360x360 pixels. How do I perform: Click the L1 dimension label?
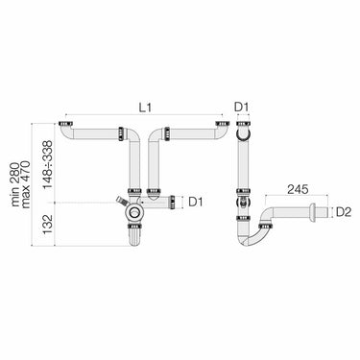tap(145, 107)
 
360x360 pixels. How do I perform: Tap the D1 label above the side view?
tap(241, 107)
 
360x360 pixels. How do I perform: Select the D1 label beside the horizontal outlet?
tap(196, 203)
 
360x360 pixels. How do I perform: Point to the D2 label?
tap(344, 212)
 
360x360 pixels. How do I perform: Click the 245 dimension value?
tap(298, 189)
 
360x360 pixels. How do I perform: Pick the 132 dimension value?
tap(48, 225)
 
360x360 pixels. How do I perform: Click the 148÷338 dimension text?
tap(48, 165)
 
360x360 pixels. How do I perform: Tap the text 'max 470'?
tap(26, 184)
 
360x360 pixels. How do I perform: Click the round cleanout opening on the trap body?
tap(134, 212)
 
